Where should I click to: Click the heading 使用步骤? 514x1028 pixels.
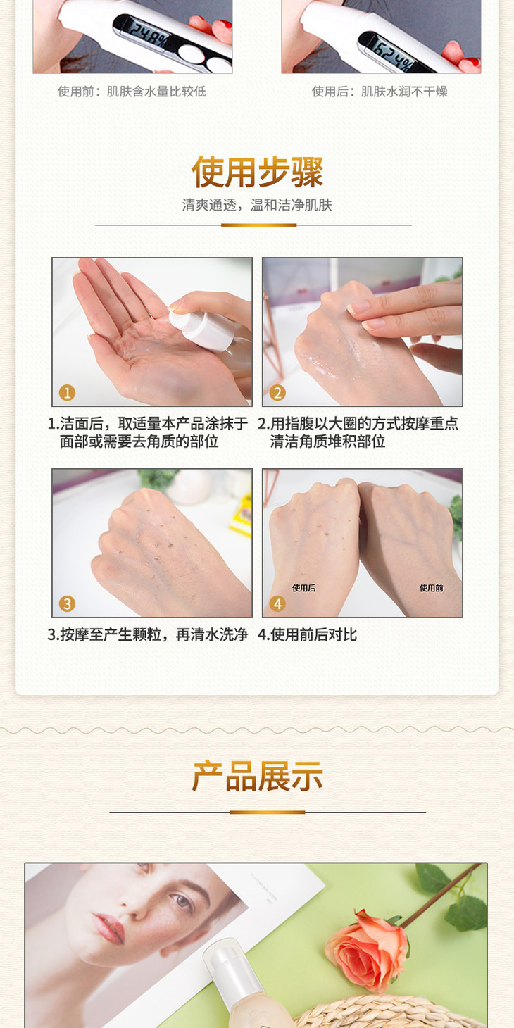(x=257, y=172)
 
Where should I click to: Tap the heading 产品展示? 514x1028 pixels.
(x=258, y=776)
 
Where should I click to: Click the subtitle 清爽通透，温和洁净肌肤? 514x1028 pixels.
(x=257, y=205)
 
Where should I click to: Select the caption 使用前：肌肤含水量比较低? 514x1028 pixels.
(x=132, y=92)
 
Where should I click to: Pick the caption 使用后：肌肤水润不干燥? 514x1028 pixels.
(x=380, y=92)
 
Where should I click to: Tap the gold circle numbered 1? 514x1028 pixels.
(x=67, y=393)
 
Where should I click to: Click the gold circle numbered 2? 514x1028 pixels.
(x=277, y=393)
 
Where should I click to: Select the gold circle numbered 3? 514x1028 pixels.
(x=67, y=604)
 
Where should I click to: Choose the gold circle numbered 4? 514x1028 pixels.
(x=277, y=604)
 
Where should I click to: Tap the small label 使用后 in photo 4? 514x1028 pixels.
(x=303, y=588)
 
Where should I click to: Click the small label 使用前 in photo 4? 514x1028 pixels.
(x=432, y=588)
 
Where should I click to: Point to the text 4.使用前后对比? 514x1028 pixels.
(x=308, y=634)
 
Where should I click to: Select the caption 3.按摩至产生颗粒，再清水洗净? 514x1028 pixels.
(x=148, y=634)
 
